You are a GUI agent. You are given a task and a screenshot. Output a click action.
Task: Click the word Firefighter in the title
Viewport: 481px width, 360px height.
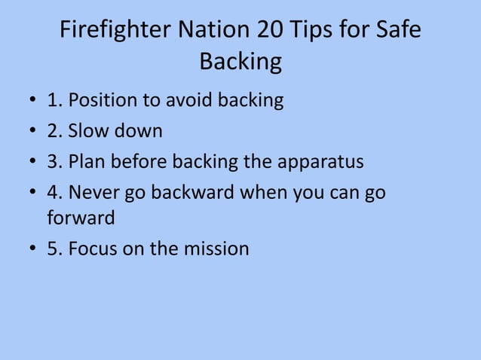[114, 31]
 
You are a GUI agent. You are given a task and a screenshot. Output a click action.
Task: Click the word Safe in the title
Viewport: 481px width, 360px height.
[397, 31]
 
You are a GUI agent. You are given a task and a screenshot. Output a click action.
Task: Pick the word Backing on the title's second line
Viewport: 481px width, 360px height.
[240, 63]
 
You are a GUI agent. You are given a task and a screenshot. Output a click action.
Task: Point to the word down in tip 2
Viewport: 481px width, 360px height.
[137, 131]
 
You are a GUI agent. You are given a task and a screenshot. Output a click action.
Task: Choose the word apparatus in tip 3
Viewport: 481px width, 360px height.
[320, 163]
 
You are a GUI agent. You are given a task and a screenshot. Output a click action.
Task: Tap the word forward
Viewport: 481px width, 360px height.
[81, 218]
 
